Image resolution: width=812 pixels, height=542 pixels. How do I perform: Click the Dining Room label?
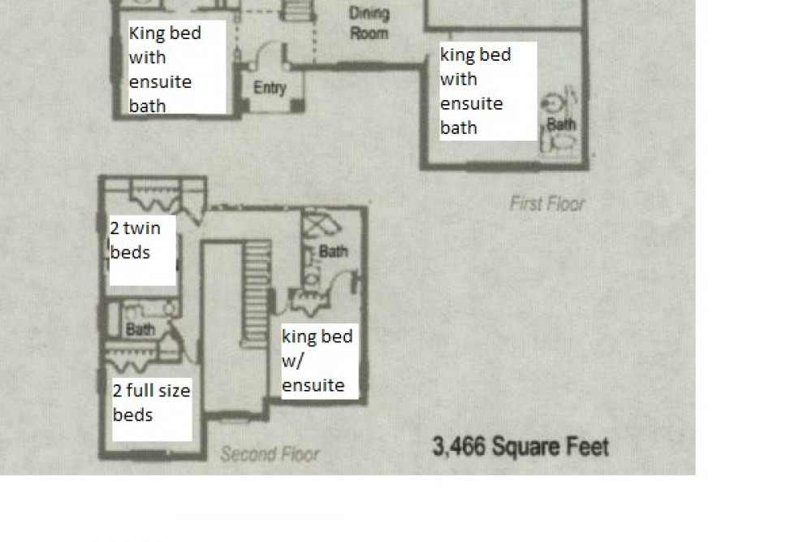pos(369,24)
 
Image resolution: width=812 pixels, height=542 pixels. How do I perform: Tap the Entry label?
pos(270,88)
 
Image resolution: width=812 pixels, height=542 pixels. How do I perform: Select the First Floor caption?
pos(547,204)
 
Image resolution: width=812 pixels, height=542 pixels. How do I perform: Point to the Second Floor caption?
pos(270,454)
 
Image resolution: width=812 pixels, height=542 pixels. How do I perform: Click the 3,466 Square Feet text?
pos(520,447)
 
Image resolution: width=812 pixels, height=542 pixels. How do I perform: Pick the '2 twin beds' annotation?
pos(135,241)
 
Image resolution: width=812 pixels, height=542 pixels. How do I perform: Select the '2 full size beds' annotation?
pos(151,402)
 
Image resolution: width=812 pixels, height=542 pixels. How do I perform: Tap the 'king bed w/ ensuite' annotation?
pos(317,361)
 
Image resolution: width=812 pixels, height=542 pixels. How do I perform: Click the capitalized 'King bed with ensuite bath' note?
pos(165,69)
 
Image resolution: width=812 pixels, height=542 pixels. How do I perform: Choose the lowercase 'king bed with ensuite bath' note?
pos(475,91)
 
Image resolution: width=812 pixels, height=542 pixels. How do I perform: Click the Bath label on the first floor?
pos(561,124)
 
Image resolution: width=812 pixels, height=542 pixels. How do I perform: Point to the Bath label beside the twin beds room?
pos(140,330)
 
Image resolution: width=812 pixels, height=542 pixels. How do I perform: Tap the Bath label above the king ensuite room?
pos(334,252)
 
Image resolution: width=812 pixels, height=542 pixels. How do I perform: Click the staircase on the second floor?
pos(257,293)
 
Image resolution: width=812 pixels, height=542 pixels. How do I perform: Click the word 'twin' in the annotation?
pos(142,228)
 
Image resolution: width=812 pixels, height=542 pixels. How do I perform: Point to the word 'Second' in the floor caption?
pos(246,454)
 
